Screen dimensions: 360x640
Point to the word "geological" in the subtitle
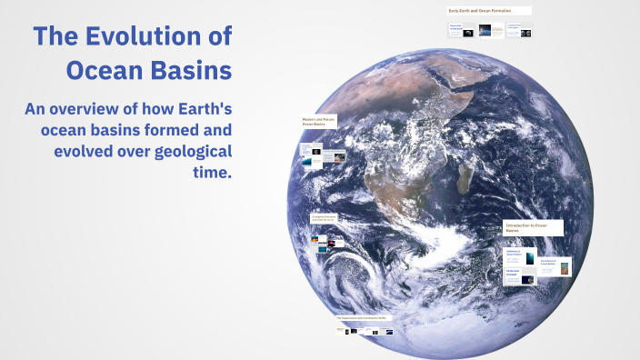[187, 151]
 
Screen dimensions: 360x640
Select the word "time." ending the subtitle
[209, 172]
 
